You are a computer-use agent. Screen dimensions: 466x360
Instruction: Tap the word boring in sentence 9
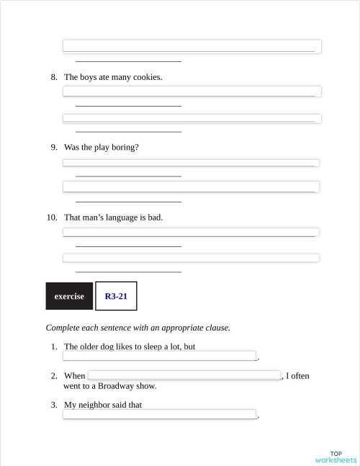click(124, 147)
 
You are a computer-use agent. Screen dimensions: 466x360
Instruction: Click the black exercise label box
click(69, 296)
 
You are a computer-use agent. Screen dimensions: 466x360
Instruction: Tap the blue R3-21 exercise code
click(116, 296)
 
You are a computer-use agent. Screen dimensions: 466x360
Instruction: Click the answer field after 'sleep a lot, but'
click(160, 356)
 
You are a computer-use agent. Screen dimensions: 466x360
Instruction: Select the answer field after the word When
click(184, 375)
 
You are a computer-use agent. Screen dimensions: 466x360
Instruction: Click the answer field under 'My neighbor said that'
click(160, 414)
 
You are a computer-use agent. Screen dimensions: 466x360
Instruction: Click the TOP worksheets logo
click(336, 457)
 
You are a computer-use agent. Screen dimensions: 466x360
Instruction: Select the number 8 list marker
click(54, 77)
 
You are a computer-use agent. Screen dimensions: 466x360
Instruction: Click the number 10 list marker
click(52, 217)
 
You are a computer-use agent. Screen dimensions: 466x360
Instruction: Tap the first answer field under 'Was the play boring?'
click(191, 163)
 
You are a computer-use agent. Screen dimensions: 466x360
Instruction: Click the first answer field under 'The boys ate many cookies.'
click(192, 91)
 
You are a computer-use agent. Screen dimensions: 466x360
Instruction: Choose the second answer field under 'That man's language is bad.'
click(191, 258)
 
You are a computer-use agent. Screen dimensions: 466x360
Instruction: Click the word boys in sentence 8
click(90, 77)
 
